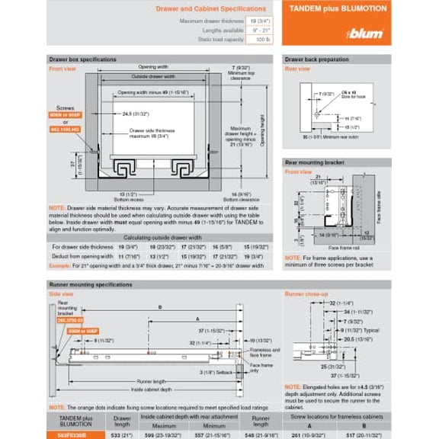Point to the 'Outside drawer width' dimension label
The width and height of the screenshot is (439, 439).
click(x=153, y=76)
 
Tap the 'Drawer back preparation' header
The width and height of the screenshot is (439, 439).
click(x=316, y=59)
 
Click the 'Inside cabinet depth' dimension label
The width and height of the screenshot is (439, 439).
click(x=152, y=389)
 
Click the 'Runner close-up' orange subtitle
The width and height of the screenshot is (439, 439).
click(x=306, y=293)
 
